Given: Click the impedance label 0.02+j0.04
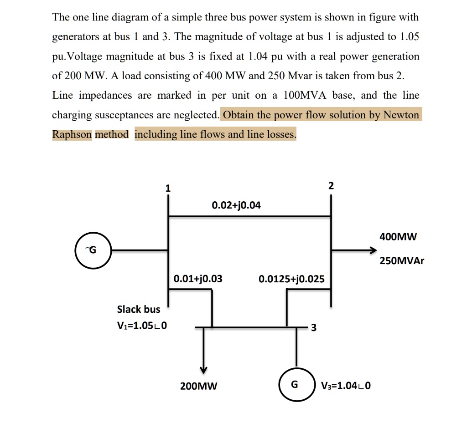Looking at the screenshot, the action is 236,205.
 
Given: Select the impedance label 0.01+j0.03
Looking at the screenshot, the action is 198,278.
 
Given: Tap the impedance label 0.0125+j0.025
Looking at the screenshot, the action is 291,279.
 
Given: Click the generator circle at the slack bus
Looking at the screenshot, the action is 93,250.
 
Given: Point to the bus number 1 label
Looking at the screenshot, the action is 168,188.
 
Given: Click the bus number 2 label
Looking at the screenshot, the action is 331,186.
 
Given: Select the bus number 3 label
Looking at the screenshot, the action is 313,327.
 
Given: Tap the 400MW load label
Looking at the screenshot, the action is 398,237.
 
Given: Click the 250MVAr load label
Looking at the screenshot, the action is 401,261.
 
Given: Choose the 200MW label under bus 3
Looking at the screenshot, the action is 199,387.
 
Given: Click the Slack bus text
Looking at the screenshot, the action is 139,309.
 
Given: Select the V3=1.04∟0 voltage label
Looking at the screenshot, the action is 346,386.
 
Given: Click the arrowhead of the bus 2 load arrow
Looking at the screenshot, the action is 373,250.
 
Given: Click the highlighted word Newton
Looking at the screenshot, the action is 401,115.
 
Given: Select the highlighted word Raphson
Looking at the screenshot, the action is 72,134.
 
